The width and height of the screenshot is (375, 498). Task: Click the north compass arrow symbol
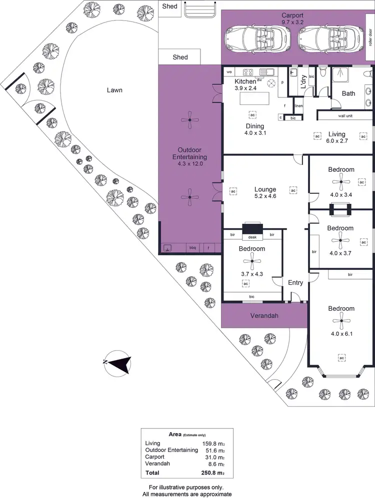[x=118, y=363]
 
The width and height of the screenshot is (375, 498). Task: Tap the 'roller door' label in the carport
[x=369, y=38]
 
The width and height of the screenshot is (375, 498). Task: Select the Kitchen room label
[x=245, y=81]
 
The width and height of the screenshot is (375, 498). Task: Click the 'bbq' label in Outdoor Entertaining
[x=192, y=247]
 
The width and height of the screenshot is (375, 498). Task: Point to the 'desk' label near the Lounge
[x=252, y=237]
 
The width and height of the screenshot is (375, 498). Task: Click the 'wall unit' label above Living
[x=345, y=116]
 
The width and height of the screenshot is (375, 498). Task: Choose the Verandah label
[x=264, y=316]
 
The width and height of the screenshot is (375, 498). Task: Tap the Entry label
[x=295, y=283]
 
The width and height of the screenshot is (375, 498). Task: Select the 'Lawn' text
[x=114, y=90]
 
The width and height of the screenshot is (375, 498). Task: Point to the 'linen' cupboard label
[x=298, y=106]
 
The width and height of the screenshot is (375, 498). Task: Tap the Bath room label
[x=348, y=93]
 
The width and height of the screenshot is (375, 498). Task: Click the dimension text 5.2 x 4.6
[x=265, y=197]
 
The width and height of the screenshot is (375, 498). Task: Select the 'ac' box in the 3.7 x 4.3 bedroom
[x=245, y=283]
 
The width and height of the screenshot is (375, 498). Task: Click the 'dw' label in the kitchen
[x=259, y=80]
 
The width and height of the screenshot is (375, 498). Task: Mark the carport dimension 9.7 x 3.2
[x=292, y=22]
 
